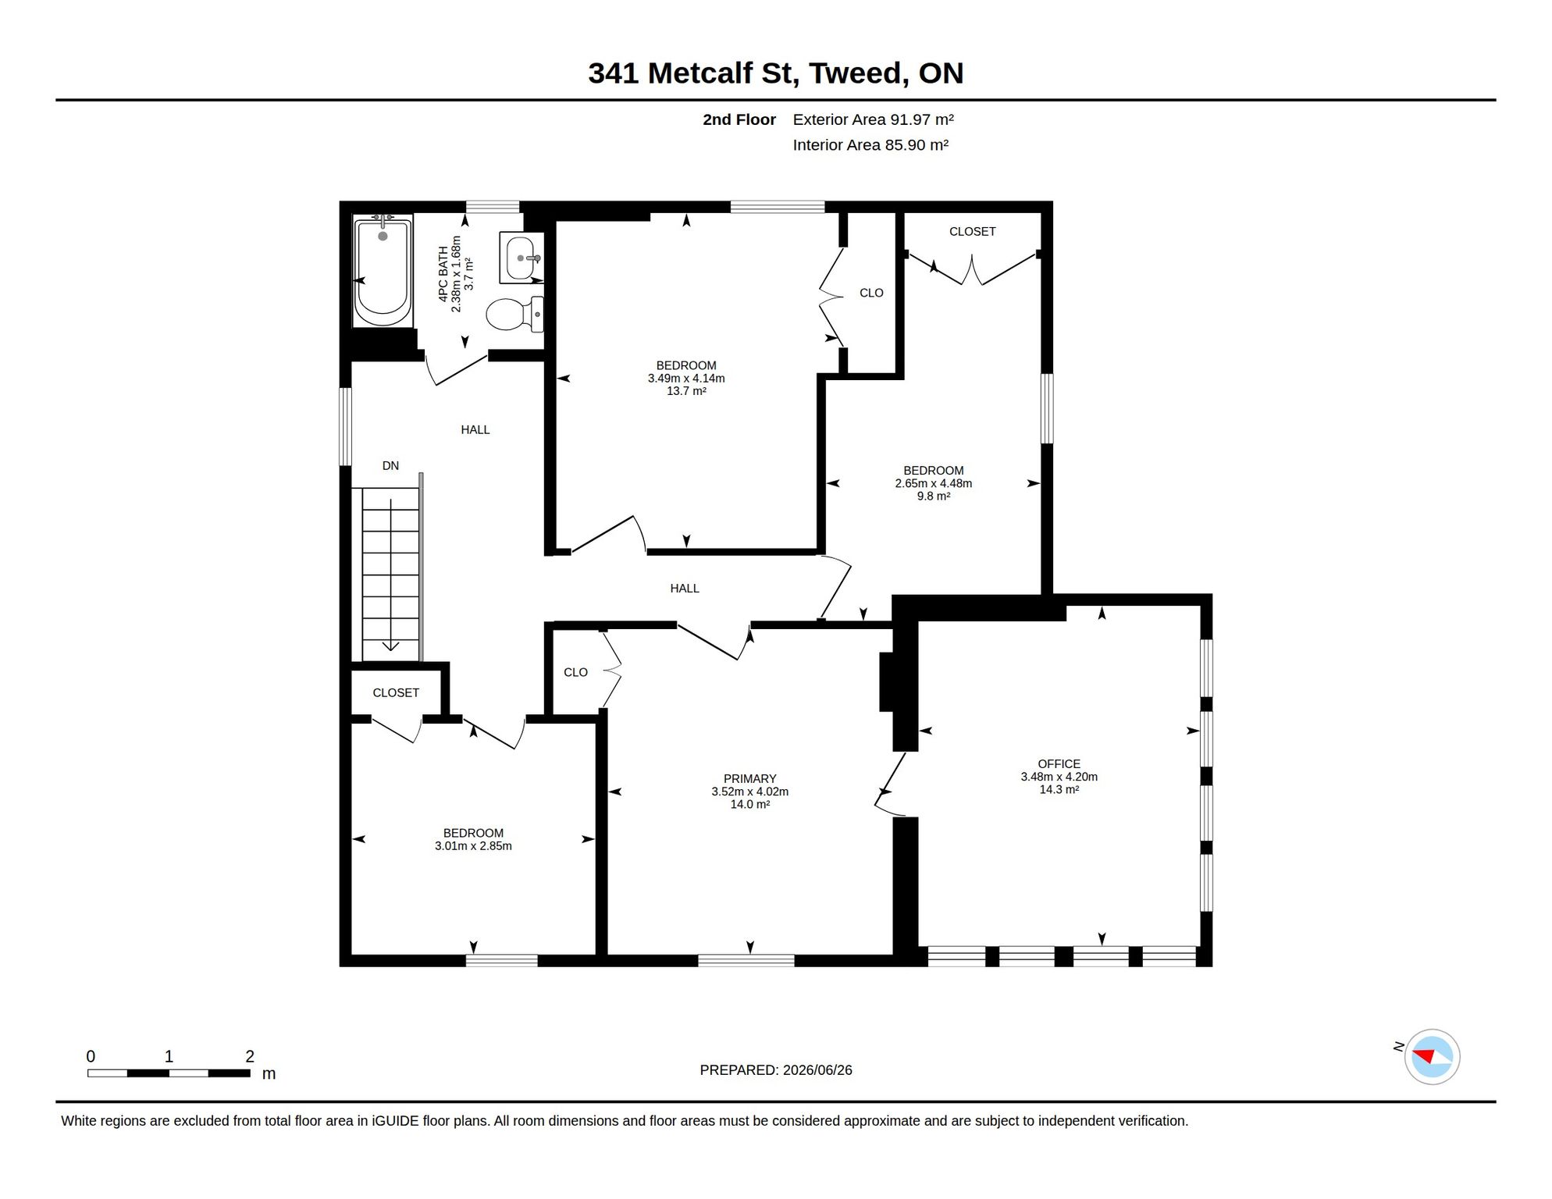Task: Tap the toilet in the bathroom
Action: tap(514, 314)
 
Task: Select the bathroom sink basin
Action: tap(521, 258)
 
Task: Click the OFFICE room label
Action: tap(1059, 763)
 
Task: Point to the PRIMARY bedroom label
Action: tap(749, 778)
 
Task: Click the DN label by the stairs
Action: tap(390, 466)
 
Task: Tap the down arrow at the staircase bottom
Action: tap(390, 645)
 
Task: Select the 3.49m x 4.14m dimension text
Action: tap(686, 379)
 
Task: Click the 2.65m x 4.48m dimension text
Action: tap(934, 483)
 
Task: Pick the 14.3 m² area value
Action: tap(1059, 789)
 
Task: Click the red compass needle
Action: tap(1424, 1056)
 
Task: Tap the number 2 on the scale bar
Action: tap(250, 1056)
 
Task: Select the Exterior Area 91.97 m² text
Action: tap(874, 119)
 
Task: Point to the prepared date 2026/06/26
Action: tap(817, 1070)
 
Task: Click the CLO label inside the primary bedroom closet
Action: tap(575, 672)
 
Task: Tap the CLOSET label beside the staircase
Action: tap(396, 692)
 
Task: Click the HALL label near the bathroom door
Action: tap(475, 429)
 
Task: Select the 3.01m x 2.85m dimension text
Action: tap(473, 846)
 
